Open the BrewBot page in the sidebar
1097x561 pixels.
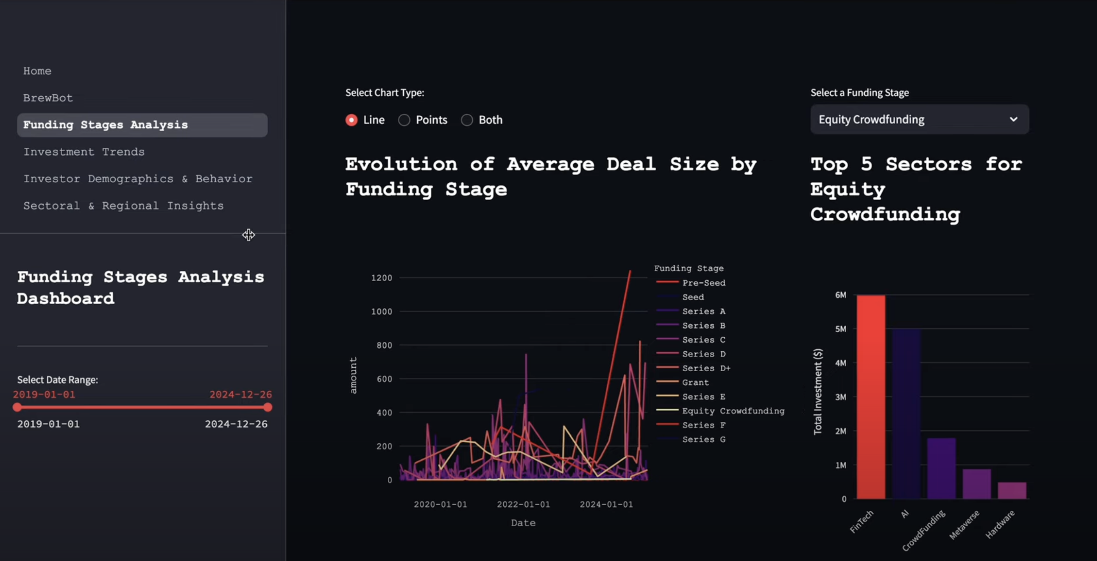pos(48,98)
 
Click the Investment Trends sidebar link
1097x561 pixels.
pos(84,152)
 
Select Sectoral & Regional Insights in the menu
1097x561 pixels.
pos(123,206)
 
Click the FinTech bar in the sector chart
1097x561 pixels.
pos(870,397)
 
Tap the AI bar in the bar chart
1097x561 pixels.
pos(906,413)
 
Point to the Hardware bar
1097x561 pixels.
pos(1011,490)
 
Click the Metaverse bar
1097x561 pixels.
pos(976,484)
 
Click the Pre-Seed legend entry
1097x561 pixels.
pos(703,282)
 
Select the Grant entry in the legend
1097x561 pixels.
pos(695,383)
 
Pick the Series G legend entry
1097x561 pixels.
pos(703,439)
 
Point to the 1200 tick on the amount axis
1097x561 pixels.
pos(381,278)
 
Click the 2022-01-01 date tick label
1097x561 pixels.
pos(523,504)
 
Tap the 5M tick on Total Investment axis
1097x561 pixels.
pos(840,329)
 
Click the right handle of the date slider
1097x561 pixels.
pos(267,408)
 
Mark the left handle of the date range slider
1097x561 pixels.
pos(17,408)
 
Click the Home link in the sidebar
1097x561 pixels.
pos(37,71)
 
